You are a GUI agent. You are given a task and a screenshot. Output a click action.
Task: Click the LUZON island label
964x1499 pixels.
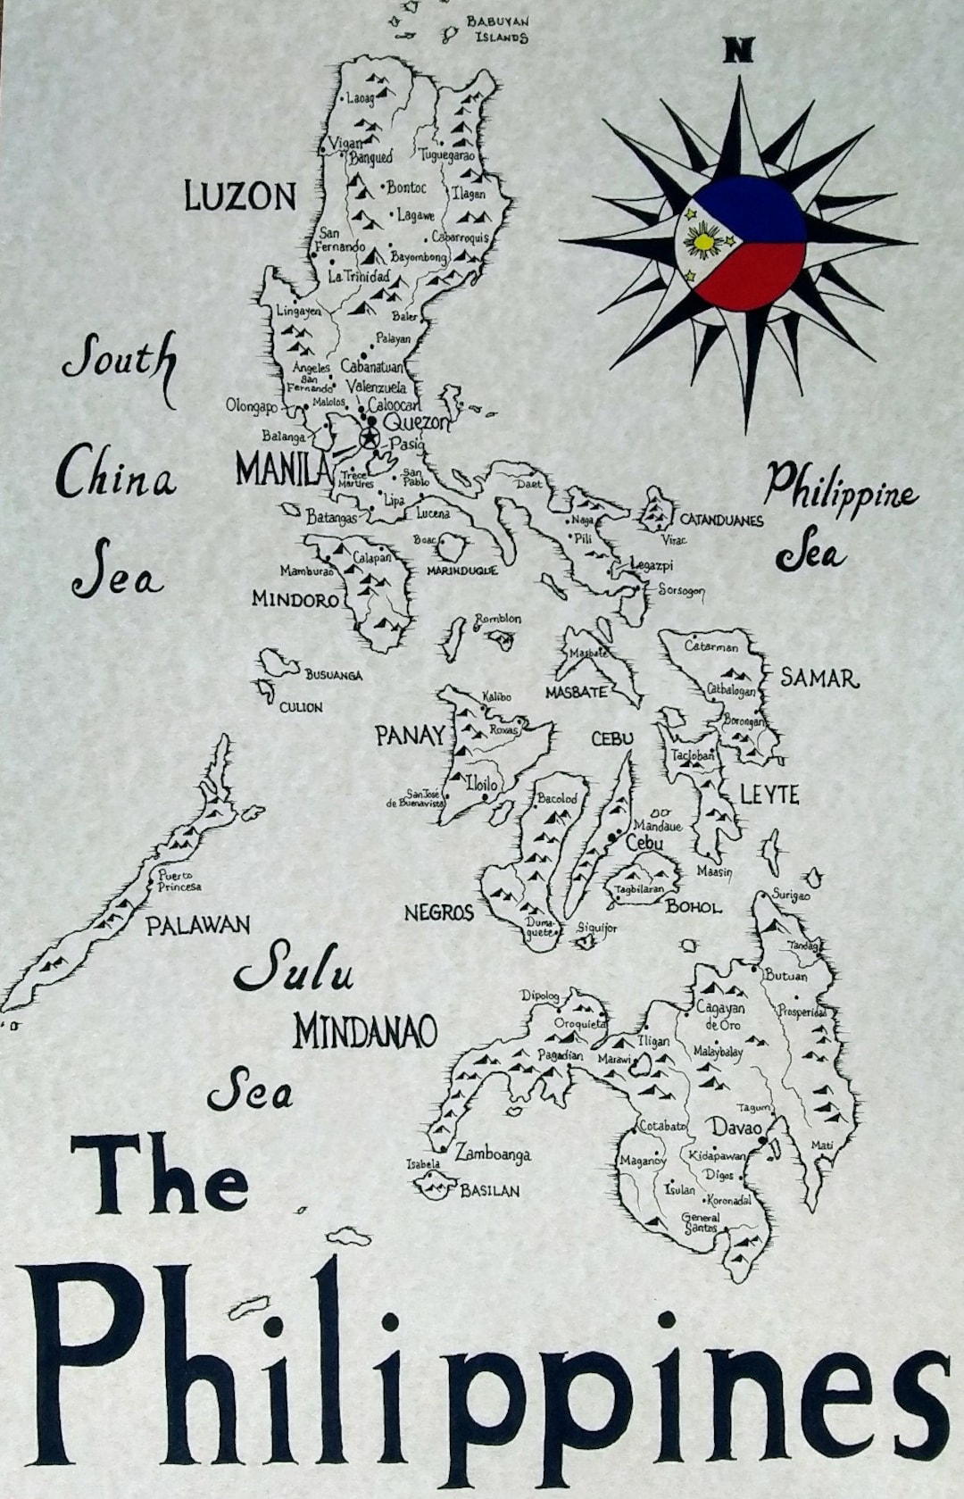tap(239, 196)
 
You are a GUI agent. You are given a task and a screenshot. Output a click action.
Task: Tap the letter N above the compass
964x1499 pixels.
tap(737, 52)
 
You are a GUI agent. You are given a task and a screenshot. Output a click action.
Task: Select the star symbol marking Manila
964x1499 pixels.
tap(368, 437)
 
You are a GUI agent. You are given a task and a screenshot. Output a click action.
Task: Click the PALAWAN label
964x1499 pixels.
tap(198, 925)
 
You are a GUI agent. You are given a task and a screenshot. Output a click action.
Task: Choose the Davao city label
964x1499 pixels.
tap(736, 1128)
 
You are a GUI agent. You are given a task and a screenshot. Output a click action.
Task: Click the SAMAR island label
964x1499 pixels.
tap(819, 679)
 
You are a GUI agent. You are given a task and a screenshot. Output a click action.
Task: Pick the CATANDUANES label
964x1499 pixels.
tap(721, 520)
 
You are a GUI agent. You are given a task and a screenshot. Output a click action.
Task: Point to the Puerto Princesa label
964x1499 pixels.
tap(179, 881)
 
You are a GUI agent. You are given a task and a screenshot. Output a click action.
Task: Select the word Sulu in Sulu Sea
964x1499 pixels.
tap(293, 969)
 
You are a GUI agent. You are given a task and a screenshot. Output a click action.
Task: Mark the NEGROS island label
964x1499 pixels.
tap(438, 912)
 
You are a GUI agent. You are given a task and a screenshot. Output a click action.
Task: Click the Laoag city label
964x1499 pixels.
tap(361, 97)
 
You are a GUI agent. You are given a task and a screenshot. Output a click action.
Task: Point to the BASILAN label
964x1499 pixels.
tap(489, 1191)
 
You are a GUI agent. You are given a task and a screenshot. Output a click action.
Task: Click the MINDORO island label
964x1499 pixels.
tap(295, 599)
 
